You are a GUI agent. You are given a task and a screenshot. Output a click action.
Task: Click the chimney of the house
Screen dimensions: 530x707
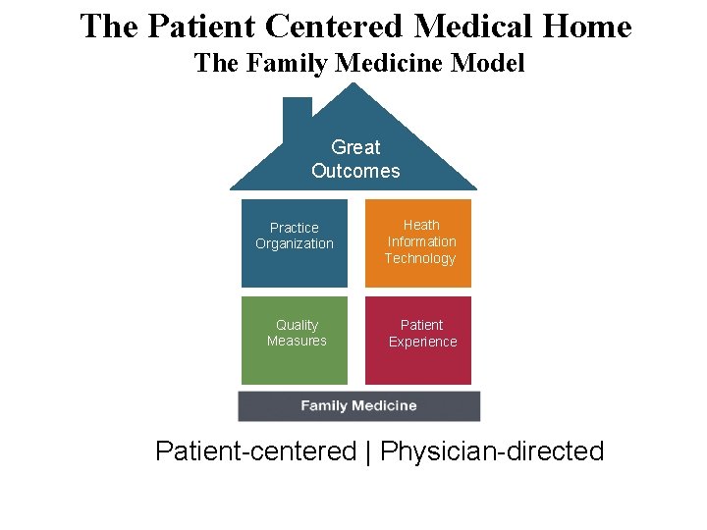297,115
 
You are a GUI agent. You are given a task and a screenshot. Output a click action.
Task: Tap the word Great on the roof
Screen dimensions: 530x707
355,147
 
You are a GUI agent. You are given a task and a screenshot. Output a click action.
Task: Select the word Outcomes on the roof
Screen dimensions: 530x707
355,171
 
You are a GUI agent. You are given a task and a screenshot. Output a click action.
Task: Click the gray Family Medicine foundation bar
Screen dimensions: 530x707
358,405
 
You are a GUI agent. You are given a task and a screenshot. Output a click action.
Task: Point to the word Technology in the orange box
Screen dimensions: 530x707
420,258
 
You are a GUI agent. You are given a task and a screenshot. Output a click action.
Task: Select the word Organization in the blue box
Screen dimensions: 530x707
295,243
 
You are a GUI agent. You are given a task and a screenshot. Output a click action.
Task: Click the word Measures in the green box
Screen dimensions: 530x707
297,341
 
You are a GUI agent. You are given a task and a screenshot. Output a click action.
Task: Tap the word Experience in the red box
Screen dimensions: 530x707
422,342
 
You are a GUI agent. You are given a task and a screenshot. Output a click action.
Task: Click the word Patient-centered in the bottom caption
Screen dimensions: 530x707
255,451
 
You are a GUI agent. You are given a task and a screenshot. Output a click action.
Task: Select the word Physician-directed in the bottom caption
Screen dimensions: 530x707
492,451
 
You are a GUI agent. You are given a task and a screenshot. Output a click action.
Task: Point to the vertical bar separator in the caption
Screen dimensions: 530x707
368,452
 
